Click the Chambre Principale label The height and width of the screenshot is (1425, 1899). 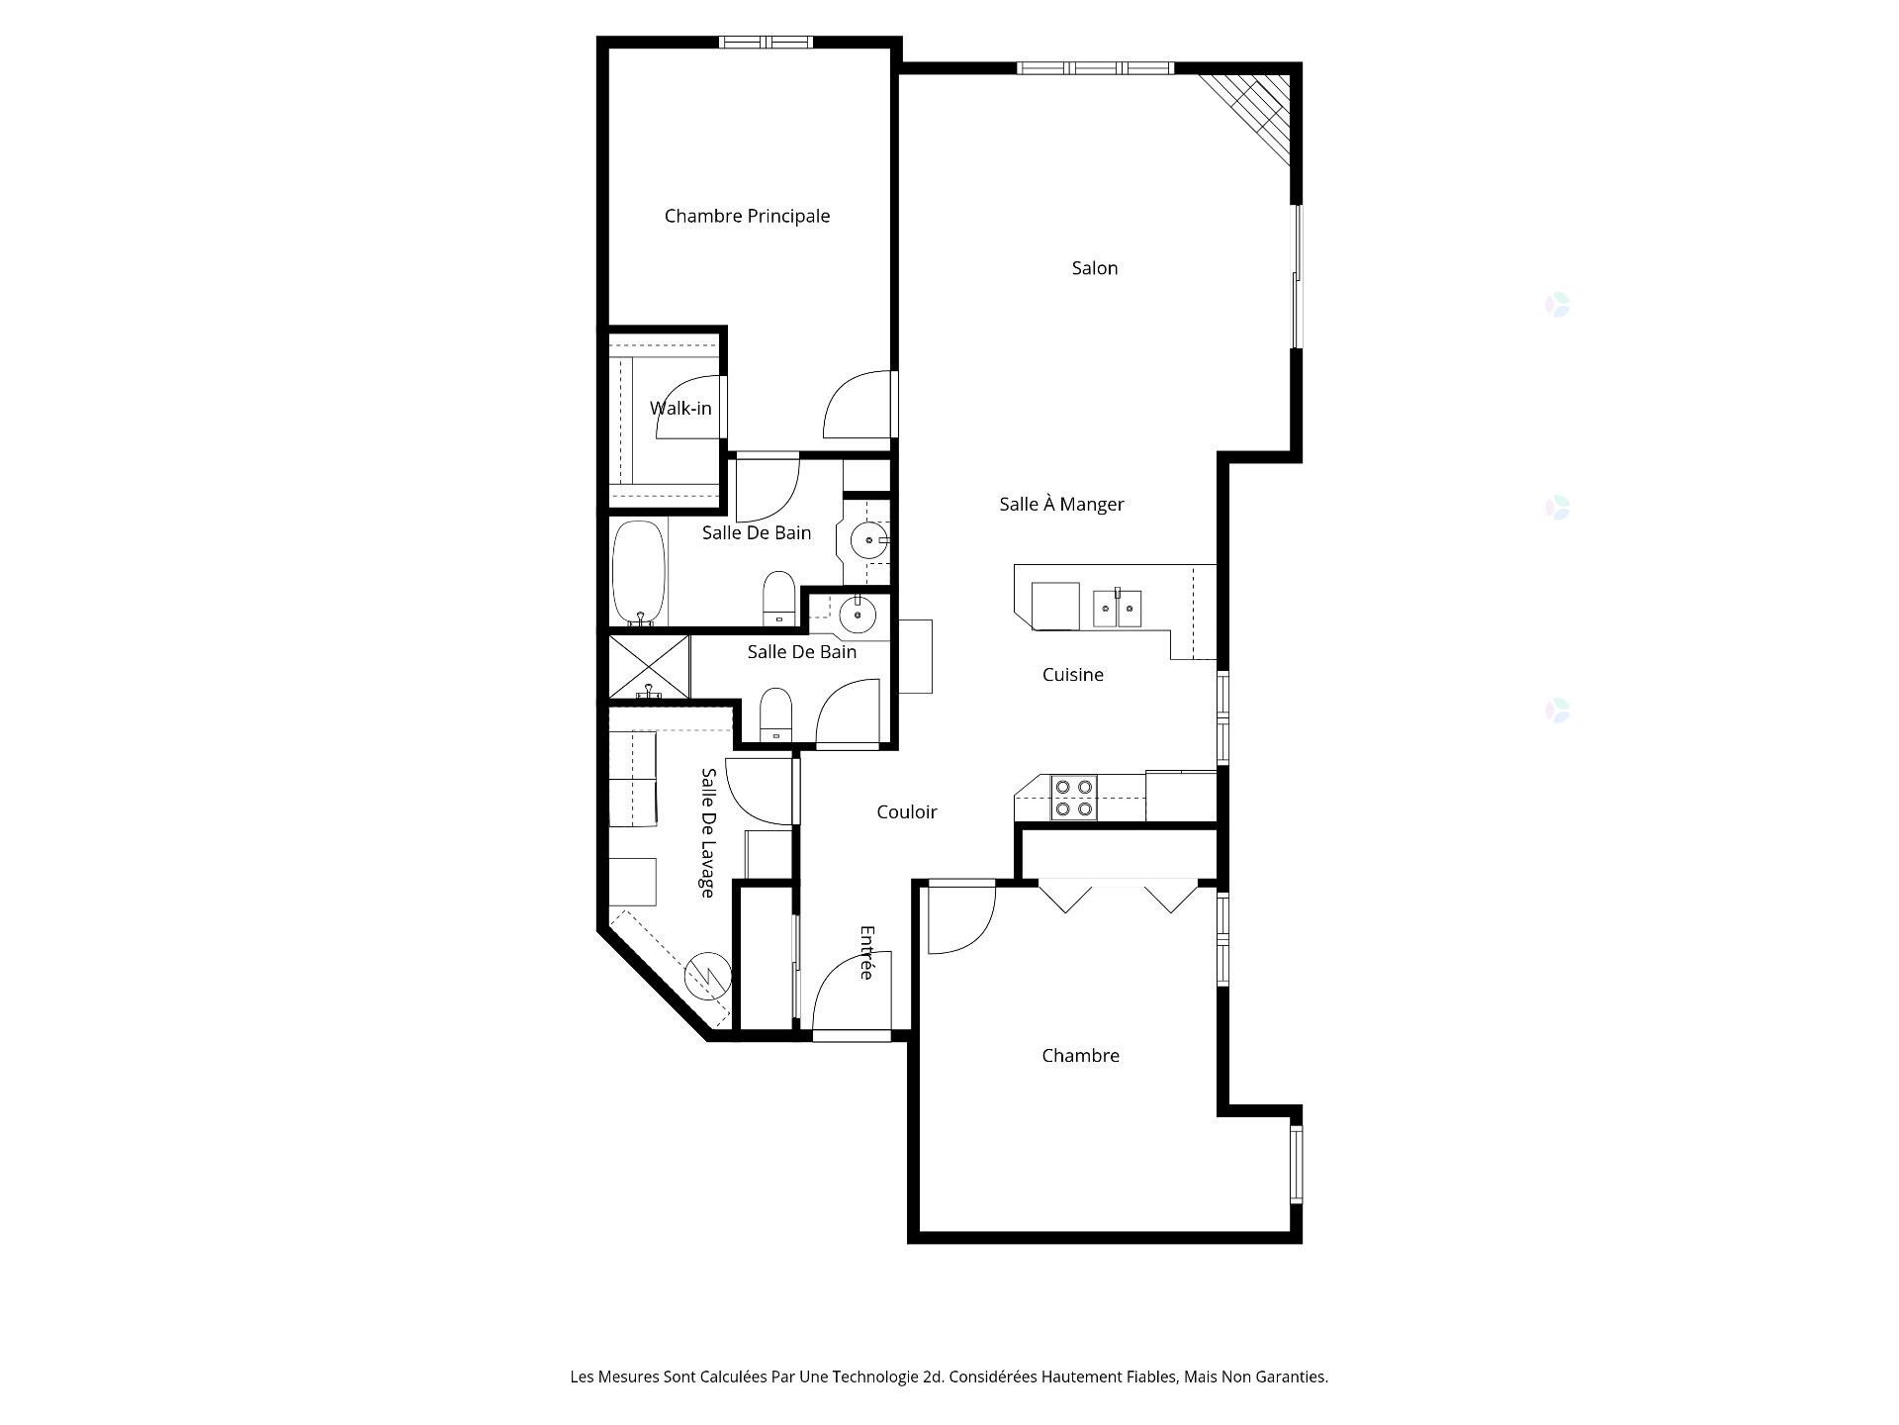click(x=747, y=216)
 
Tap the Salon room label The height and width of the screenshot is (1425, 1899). click(x=1094, y=268)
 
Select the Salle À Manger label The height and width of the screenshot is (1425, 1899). click(x=1061, y=504)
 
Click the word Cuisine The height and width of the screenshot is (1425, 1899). click(x=1072, y=675)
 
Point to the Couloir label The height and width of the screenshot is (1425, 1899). click(x=906, y=811)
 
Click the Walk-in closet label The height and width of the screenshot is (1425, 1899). click(x=680, y=408)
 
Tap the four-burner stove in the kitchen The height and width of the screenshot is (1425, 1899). click(x=1073, y=798)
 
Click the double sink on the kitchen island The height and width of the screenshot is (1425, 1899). click(x=1117, y=608)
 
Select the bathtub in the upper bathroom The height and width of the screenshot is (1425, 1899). click(x=638, y=572)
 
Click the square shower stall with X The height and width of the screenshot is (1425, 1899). click(x=648, y=667)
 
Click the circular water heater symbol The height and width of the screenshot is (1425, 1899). click(x=708, y=976)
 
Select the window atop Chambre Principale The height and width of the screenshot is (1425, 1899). click(x=765, y=42)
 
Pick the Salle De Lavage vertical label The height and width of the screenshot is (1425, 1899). click(x=708, y=832)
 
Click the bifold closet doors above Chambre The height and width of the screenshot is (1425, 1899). click(x=1118, y=895)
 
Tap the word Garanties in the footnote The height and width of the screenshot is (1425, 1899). click(x=1293, y=1377)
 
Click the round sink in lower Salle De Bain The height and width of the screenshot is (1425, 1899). click(x=857, y=616)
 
